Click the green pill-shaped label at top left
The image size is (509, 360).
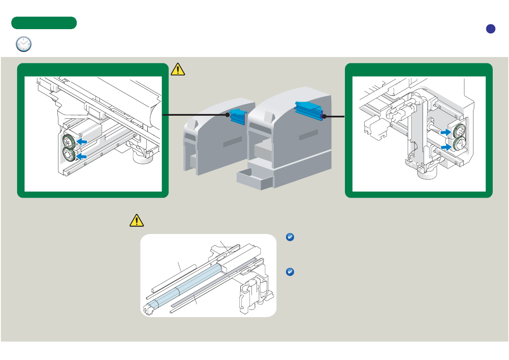click(x=44, y=23)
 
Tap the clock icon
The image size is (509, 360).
click(x=24, y=44)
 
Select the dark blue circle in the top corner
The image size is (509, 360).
click(x=491, y=29)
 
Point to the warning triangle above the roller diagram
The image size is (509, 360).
click(x=136, y=220)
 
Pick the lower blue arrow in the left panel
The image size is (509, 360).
click(x=81, y=157)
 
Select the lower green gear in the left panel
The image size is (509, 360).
click(x=69, y=155)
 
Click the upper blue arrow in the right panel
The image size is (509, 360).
click(x=446, y=133)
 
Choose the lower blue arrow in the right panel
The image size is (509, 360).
click(x=446, y=147)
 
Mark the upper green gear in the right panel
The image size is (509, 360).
click(x=460, y=131)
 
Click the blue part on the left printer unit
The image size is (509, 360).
click(x=237, y=116)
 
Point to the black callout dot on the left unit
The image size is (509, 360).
click(x=228, y=115)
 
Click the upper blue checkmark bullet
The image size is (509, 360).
click(x=289, y=237)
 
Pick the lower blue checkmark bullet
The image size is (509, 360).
click(x=289, y=272)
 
